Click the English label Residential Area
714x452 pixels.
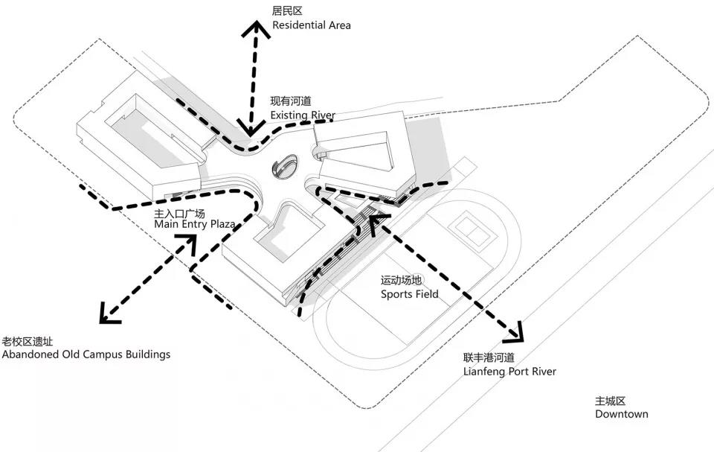point(311,25)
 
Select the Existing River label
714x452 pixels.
point(303,115)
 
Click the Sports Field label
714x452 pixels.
point(409,294)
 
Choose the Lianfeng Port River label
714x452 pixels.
point(509,371)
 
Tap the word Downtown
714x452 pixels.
point(621,414)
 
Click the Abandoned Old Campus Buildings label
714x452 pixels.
point(86,354)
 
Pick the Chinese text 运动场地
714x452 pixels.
point(401,281)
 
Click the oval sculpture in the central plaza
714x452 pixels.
point(285,166)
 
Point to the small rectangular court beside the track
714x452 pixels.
point(469,228)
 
